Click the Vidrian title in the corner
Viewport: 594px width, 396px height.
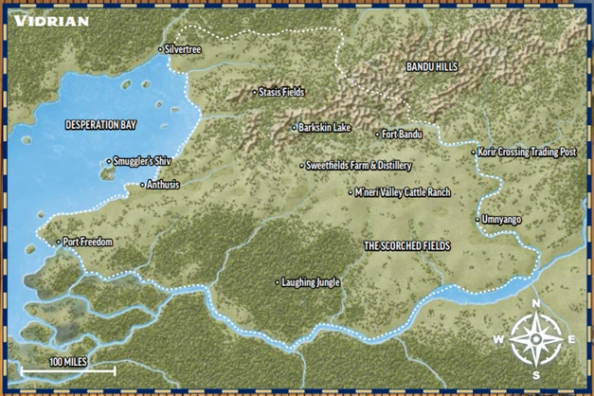(51, 20)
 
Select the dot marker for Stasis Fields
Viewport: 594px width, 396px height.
(255, 92)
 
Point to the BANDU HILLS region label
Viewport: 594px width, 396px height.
(431, 67)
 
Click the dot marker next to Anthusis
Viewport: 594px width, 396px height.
(142, 185)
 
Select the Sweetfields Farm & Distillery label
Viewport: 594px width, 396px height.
(359, 165)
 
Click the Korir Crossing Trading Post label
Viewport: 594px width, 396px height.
(528, 152)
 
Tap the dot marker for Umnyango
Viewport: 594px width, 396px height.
(476, 220)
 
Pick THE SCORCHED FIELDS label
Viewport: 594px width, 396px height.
(406, 245)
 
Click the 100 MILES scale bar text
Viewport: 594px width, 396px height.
(69, 362)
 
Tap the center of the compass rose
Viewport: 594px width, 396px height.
(535, 338)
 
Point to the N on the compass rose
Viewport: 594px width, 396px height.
(536, 304)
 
